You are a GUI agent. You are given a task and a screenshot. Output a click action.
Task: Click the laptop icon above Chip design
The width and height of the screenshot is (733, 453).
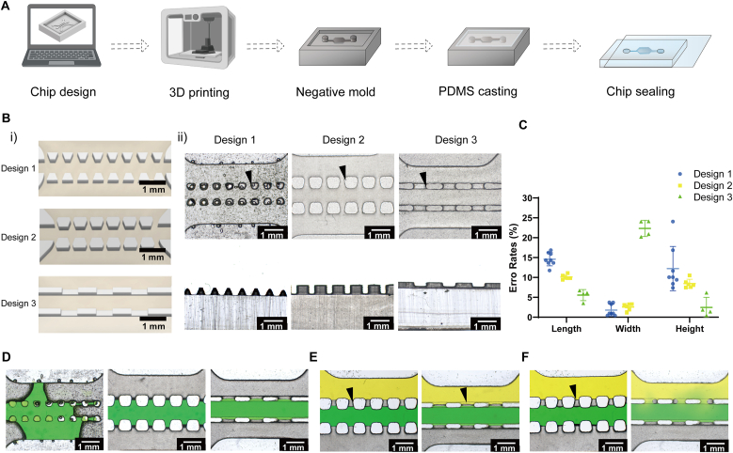tap(62, 36)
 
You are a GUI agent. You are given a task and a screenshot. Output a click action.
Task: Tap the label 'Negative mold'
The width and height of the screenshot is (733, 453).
tap(335, 92)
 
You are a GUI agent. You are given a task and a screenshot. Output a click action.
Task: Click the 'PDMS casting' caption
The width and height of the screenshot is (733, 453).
tap(478, 91)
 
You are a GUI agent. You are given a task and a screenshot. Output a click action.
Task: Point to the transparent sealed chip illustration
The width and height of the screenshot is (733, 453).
tap(655, 52)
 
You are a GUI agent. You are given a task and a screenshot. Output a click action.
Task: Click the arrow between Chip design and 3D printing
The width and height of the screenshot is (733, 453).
tap(130, 46)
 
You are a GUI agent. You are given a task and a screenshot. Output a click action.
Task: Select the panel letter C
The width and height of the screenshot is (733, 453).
tap(523, 125)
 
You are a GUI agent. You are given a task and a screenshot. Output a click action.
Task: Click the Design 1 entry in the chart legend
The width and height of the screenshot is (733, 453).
tap(705, 174)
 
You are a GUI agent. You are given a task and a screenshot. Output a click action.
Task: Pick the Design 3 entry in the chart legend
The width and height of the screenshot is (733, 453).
tap(705, 197)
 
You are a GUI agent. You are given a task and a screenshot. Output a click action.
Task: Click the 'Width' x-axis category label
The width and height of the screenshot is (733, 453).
tap(628, 329)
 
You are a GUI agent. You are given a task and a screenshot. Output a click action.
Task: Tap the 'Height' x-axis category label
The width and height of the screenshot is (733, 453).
tap(690, 329)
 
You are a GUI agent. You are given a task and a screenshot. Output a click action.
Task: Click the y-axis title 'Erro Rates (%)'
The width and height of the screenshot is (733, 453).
tap(513, 257)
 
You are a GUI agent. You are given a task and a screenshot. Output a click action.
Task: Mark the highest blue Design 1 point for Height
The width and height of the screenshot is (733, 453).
tap(673, 222)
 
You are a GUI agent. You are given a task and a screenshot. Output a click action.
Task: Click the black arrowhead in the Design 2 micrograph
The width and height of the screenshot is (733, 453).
tap(343, 172)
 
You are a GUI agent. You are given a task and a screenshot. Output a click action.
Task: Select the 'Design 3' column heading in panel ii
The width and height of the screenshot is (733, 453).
tap(455, 140)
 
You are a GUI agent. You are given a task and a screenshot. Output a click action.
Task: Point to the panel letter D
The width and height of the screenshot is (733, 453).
tap(6, 357)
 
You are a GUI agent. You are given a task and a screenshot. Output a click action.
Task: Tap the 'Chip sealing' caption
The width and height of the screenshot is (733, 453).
tap(641, 91)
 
